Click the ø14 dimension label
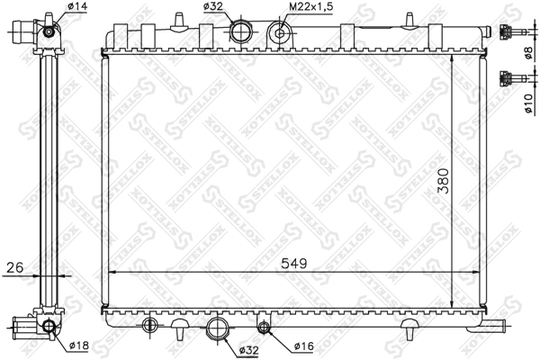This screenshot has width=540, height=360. coord(78,7)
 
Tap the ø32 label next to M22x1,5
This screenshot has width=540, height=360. coord(213,7)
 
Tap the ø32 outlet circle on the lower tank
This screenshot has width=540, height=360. coord(217,328)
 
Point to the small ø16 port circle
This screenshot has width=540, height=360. coord(264,326)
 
